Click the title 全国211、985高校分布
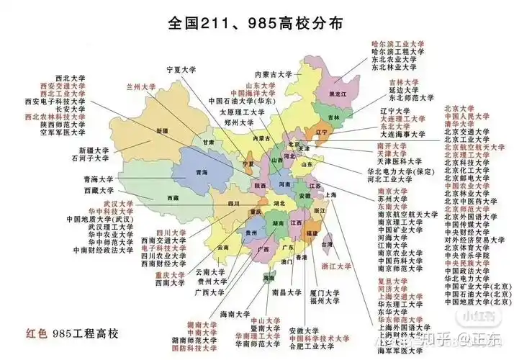[256, 22]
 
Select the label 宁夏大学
[183, 70]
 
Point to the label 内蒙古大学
[273, 74]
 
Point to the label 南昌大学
[285, 292]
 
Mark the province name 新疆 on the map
[161, 131]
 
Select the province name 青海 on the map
[203, 173]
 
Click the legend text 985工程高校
[84, 334]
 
